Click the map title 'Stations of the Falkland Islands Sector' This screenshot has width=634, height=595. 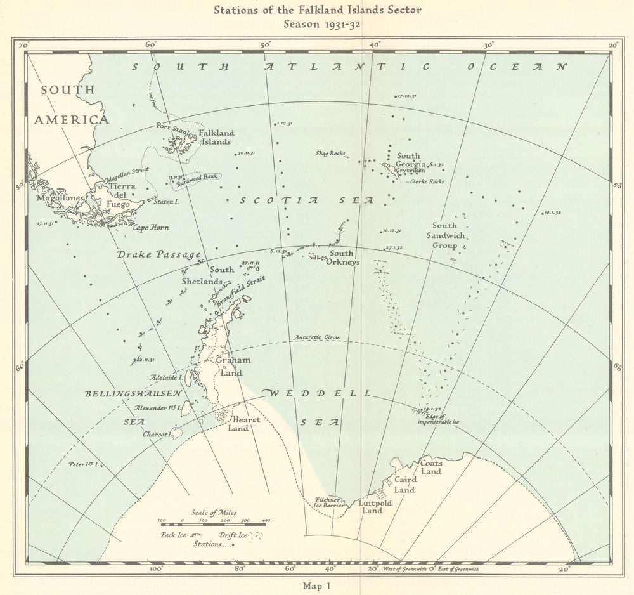[317, 10]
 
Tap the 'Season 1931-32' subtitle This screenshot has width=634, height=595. [317, 25]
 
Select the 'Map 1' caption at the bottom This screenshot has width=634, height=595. [317, 585]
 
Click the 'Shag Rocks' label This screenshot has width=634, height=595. [330, 154]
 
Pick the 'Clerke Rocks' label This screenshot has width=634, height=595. [427, 181]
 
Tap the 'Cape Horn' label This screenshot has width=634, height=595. [150, 228]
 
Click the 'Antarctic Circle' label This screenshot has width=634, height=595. [314, 336]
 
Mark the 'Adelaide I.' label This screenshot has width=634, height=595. [167, 377]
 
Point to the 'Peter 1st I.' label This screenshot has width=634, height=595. [85, 464]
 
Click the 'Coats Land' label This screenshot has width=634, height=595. [431, 468]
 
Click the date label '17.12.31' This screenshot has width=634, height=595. [406, 96]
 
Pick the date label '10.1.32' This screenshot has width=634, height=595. [553, 213]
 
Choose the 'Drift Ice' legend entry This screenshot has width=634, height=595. [234, 534]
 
